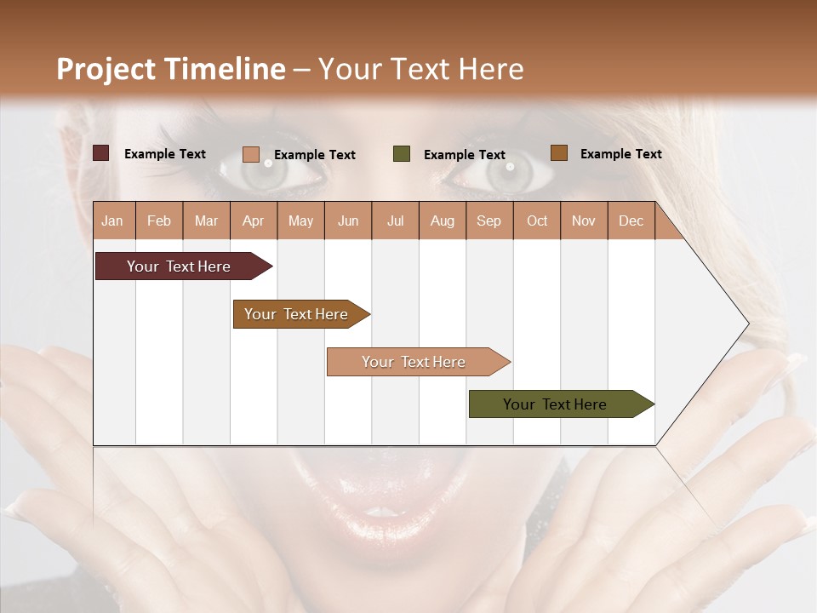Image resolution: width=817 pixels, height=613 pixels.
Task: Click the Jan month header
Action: point(112,221)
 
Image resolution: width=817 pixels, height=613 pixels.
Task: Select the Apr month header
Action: point(254,221)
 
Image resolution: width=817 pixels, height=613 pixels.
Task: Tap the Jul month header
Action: point(395,221)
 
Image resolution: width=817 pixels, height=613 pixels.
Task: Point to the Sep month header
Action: point(488,221)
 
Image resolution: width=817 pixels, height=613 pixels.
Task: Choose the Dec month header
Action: point(631,221)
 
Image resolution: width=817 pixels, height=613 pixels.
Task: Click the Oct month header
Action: point(537,221)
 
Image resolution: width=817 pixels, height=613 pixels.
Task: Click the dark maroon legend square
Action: point(100,153)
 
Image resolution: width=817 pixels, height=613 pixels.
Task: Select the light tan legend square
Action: point(250,154)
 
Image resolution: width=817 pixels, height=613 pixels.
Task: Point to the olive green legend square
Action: point(402,154)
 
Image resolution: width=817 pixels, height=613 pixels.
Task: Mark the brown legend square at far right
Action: point(558,153)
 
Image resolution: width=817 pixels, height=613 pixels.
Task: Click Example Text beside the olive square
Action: point(465,155)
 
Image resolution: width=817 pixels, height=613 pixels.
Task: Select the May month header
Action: point(300,221)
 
